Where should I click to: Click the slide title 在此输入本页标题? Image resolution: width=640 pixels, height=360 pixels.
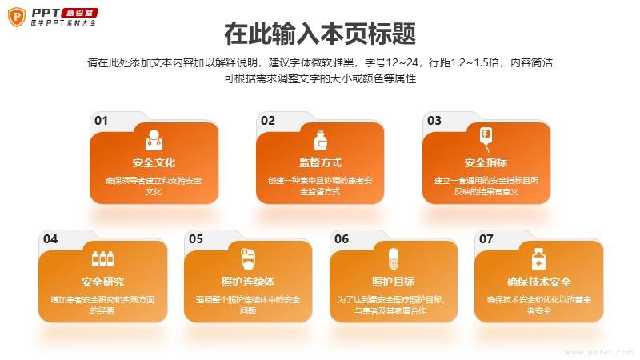(319, 34)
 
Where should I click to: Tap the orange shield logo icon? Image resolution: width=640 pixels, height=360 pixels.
(17, 17)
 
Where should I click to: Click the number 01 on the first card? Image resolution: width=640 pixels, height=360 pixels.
(101, 121)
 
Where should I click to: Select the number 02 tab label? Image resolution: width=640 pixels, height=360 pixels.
(268, 121)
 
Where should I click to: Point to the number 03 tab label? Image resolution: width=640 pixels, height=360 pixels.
(434, 121)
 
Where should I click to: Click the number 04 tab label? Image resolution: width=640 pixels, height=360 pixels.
(50, 239)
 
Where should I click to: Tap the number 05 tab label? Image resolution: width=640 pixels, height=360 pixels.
(195, 239)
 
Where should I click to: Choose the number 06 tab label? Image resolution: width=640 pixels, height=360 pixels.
(342, 239)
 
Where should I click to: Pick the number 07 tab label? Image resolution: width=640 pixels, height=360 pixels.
(486, 239)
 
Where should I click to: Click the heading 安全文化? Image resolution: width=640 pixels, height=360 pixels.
(154, 162)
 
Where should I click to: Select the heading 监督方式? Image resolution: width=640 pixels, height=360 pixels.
(320, 162)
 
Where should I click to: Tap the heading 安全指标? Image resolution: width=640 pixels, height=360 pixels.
(486, 162)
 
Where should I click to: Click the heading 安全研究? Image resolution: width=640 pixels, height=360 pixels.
(102, 282)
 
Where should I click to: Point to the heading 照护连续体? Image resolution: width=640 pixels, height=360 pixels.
(248, 282)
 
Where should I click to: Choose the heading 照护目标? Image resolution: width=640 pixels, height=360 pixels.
(393, 282)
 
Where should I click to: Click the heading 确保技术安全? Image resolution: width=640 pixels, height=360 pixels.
(538, 282)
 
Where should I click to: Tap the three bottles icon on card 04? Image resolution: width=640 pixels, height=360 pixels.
(102, 258)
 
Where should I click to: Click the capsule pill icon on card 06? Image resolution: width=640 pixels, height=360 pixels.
(394, 258)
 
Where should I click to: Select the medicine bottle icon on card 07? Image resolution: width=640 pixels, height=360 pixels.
(538, 258)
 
